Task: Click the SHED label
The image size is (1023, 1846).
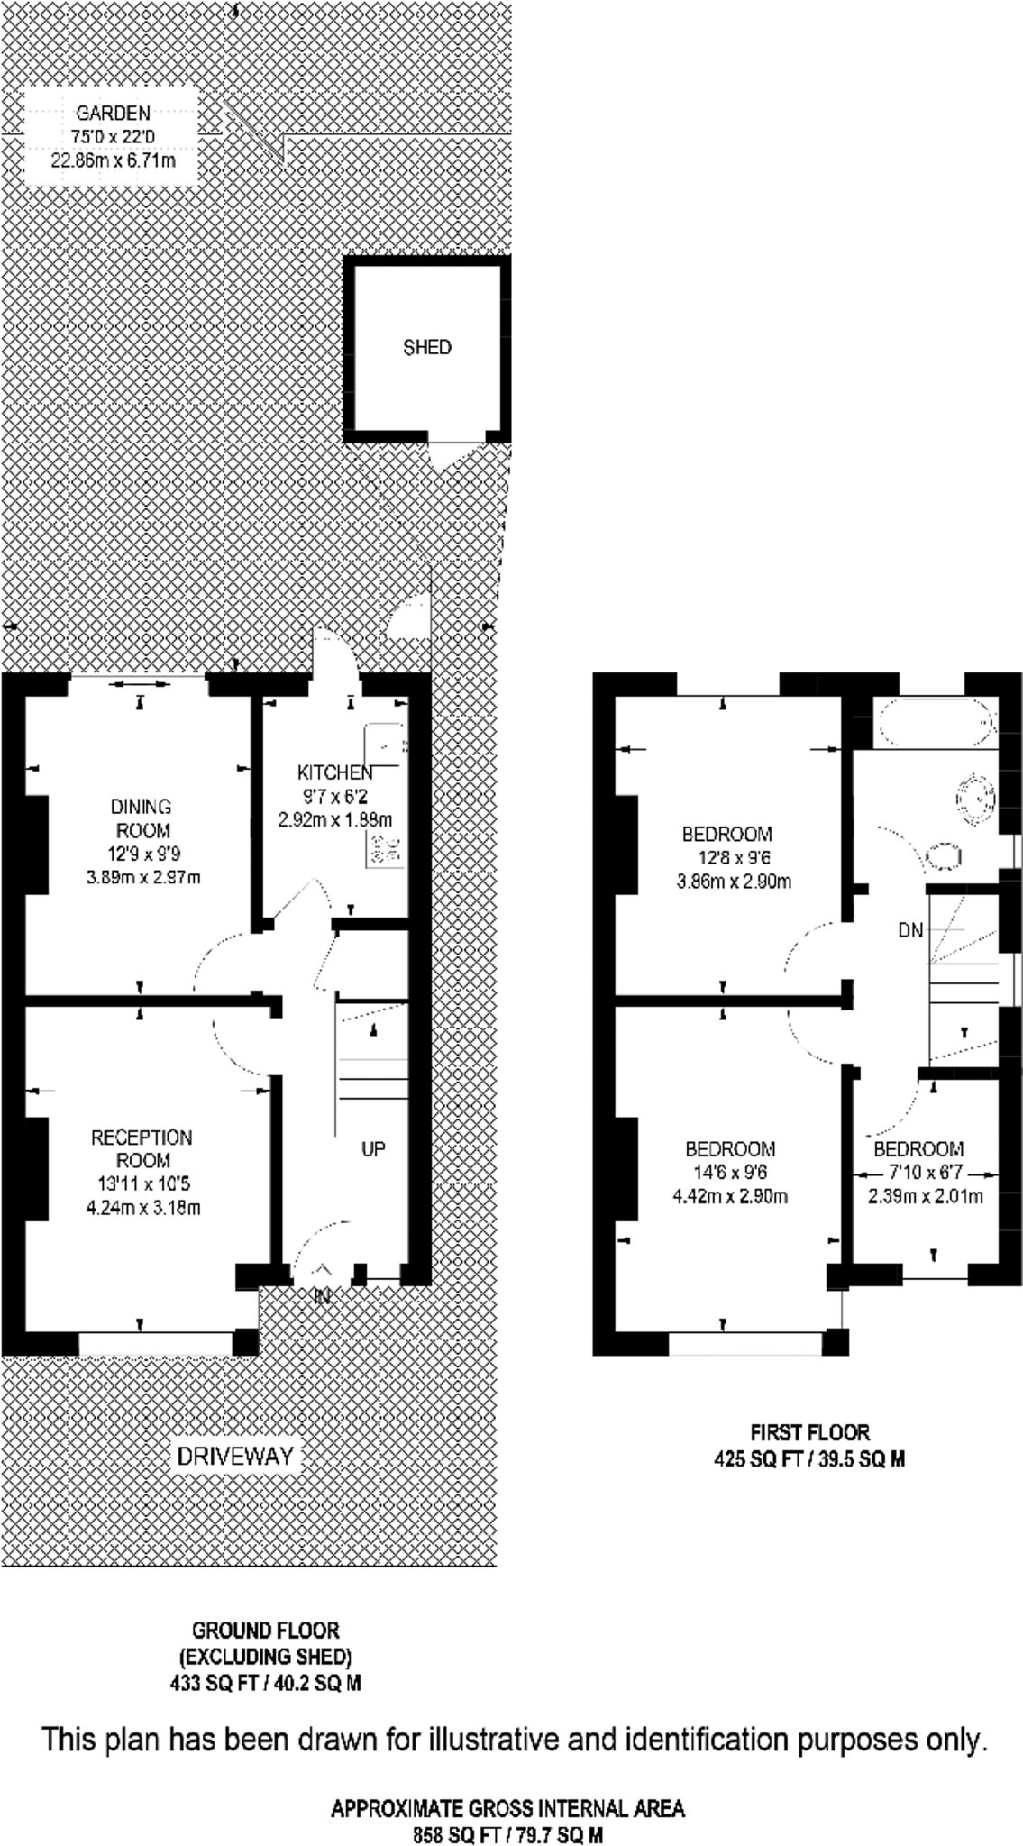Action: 426,348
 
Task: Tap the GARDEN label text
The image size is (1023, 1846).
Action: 113,114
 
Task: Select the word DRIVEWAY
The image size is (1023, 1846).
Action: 235,1455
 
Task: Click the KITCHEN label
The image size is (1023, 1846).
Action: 334,772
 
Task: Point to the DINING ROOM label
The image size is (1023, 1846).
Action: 142,818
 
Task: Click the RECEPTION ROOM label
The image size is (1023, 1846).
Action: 142,1148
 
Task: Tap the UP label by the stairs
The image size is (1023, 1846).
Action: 373,1149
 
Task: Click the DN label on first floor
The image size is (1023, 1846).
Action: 910,930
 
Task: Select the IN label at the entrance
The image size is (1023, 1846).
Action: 322,1297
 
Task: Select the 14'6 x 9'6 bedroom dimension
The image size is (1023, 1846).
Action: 730,1173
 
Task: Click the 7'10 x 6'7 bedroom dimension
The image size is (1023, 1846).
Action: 918,1173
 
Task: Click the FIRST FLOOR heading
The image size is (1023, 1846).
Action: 809,1432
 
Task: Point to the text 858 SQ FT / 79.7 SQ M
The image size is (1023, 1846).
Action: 507,1834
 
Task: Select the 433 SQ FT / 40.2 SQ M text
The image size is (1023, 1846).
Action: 265,1683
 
